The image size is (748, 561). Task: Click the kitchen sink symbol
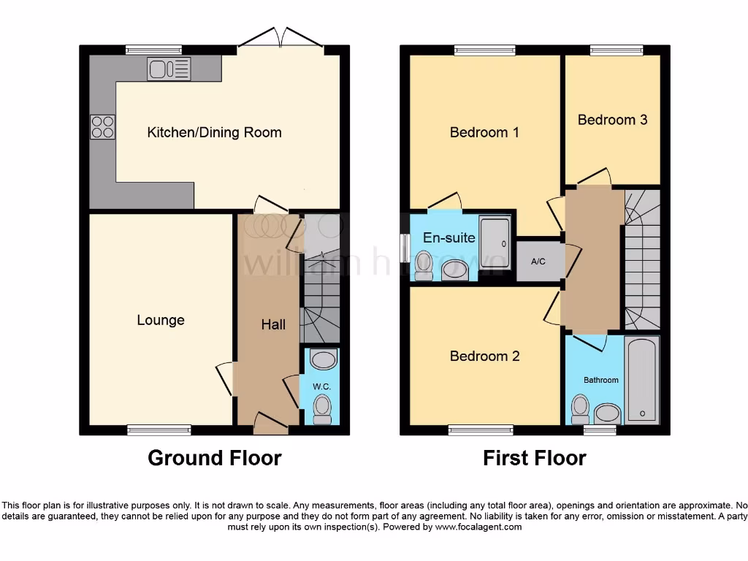point(169,69)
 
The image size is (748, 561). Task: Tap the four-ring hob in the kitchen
point(102,127)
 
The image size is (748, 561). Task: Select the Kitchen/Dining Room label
point(214,132)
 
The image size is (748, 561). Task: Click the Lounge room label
point(161,320)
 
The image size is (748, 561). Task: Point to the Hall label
point(273,324)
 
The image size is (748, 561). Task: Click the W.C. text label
point(322,386)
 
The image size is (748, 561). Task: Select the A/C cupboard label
point(538,262)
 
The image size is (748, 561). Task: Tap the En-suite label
point(449,237)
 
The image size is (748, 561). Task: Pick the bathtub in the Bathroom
point(643,380)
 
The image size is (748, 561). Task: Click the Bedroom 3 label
point(612,120)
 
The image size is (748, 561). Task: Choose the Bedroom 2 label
point(484,356)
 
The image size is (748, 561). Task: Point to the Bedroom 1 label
point(484,132)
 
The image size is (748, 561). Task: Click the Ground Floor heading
point(214,458)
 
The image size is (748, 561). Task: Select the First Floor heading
point(534,458)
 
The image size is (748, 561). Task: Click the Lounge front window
point(159,430)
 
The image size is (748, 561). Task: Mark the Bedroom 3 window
point(617,50)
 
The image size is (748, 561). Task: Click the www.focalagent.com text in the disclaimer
point(478,527)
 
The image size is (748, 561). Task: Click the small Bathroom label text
point(600,380)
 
